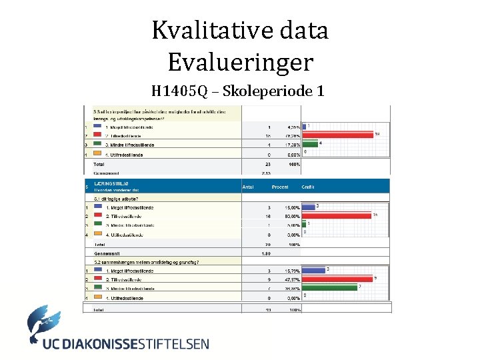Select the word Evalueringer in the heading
(x=240, y=63)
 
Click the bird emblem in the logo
(x=45, y=323)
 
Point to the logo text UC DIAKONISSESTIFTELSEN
(x=125, y=345)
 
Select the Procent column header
(x=279, y=187)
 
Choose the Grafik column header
(x=308, y=187)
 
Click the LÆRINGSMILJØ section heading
(x=112, y=182)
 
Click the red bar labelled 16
(x=336, y=216)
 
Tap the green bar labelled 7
(x=331, y=288)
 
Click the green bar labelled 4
(x=310, y=143)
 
